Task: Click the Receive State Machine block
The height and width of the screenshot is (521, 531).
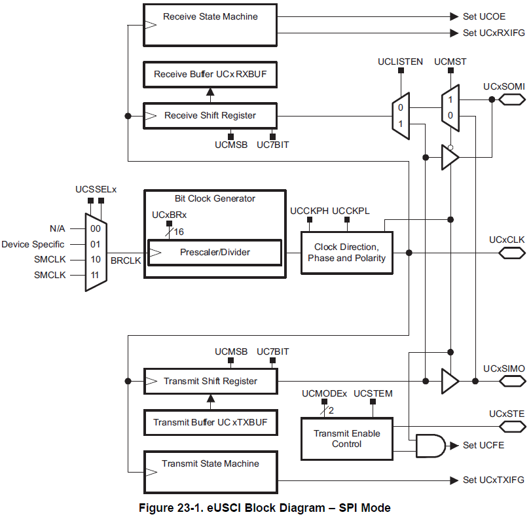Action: click(210, 25)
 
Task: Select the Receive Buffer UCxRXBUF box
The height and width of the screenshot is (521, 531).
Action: click(210, 75)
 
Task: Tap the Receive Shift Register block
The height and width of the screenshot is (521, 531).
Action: click(210, 116)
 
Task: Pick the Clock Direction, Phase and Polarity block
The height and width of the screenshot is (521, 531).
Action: click(346, 252)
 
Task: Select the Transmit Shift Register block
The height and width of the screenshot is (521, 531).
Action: click(210, 381)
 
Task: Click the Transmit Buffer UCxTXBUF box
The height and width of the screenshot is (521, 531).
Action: click(210, 422)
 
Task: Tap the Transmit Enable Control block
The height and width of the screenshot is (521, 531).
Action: click(346, 439)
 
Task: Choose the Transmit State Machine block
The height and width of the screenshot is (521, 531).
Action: click(210, 471)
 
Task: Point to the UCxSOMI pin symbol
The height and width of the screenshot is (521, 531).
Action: click(512, 99)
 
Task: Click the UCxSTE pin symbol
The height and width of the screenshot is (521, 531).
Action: click(512, 427)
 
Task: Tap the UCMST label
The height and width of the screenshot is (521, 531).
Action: click(450, 62)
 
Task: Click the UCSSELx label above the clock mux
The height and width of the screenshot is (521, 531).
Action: click(96, 189)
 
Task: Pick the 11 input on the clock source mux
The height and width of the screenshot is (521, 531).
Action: click(96, 276)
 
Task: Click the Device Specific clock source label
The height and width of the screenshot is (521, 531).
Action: click(33, 244)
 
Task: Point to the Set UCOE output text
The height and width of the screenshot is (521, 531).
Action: click(483, 16)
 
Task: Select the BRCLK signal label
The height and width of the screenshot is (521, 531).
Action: click(126, 260)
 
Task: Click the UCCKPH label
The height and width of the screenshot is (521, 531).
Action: click(309, 210)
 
